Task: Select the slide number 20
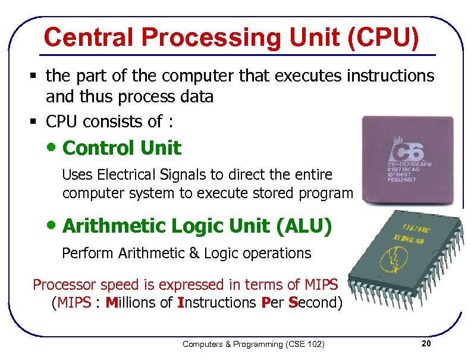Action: tap(425, 344)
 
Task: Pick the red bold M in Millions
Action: tap(111, 302)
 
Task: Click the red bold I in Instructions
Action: tap(180, 302)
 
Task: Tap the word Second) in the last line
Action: tap(315, 302)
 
